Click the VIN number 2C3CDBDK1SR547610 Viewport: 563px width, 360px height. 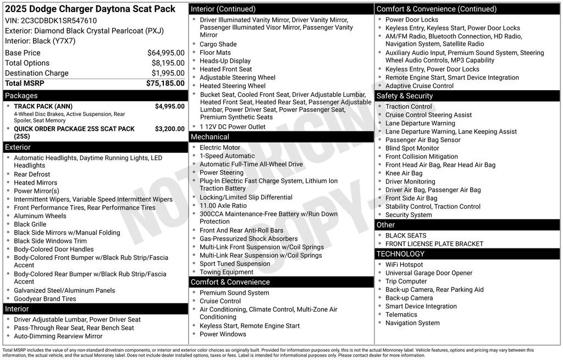click(x=58, y=21)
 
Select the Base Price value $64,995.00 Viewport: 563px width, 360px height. click(x=165, y=53)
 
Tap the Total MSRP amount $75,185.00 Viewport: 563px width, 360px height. click(x=165, y=84)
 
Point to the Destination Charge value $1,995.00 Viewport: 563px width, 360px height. click(x=168, y=73)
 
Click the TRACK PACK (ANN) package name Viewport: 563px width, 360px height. click(x=43, y=107)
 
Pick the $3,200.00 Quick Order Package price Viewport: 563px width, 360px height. click(x=169, y=129)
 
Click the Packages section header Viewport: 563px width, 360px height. click(x=21, y=96)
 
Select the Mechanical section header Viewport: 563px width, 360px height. click(x=210, y=137)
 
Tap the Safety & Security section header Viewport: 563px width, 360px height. click(x=405, y=96)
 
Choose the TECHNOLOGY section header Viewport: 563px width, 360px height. click(x=401, y=254)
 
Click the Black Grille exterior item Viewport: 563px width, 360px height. click(x=30, y=224)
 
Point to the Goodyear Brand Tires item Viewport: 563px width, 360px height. click(x=45, y=299)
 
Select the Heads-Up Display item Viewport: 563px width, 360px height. click(x=225, y=61)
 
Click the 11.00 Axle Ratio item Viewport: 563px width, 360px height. click(x=223, y=206)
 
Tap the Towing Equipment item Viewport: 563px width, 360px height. click(x=227, y=272)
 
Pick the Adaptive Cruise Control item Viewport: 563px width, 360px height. click(x=420, y=86)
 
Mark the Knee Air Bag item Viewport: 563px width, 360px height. click(x=404, y=173)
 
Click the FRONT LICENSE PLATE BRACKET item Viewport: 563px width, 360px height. click(x=434, y=244)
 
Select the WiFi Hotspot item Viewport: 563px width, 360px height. click(x=404, y=265)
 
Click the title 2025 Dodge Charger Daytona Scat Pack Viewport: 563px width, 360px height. click(x=90, y=9)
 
